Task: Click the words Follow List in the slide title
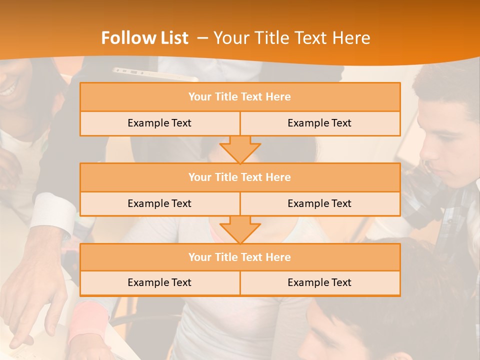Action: tap(144, 38)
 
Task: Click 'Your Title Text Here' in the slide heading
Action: tap(291, 38)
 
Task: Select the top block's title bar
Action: tap(240, 97)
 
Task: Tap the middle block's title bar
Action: tap(240, 177)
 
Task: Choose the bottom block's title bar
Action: tap(240, 257)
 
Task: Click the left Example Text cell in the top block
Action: tap(159, 123)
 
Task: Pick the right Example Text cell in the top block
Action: tap(320, 123)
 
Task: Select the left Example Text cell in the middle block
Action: tap(159, 204)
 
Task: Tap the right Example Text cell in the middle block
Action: tap(320, 204)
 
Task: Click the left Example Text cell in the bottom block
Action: tap(159, 283)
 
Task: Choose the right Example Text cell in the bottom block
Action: tap(320, 283)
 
